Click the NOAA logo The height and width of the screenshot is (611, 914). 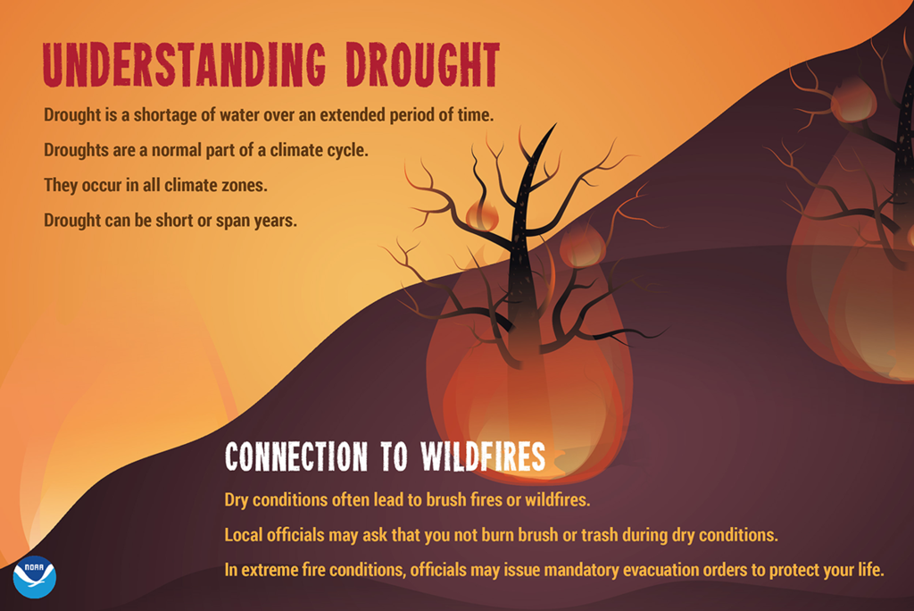point(35,576)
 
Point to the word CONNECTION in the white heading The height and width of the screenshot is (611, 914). point(295,456)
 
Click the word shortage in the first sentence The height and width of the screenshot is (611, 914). point(170,115)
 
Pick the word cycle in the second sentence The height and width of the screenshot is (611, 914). point(345,150)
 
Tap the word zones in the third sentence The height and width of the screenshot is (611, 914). point(247,185)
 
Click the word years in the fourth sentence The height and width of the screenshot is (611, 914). point(273,220)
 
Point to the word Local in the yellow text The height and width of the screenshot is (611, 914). point(244,535)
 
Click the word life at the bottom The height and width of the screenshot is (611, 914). point(867,570)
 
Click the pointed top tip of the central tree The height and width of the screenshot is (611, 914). point(553,127)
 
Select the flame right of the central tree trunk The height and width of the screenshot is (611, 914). point(582,246)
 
